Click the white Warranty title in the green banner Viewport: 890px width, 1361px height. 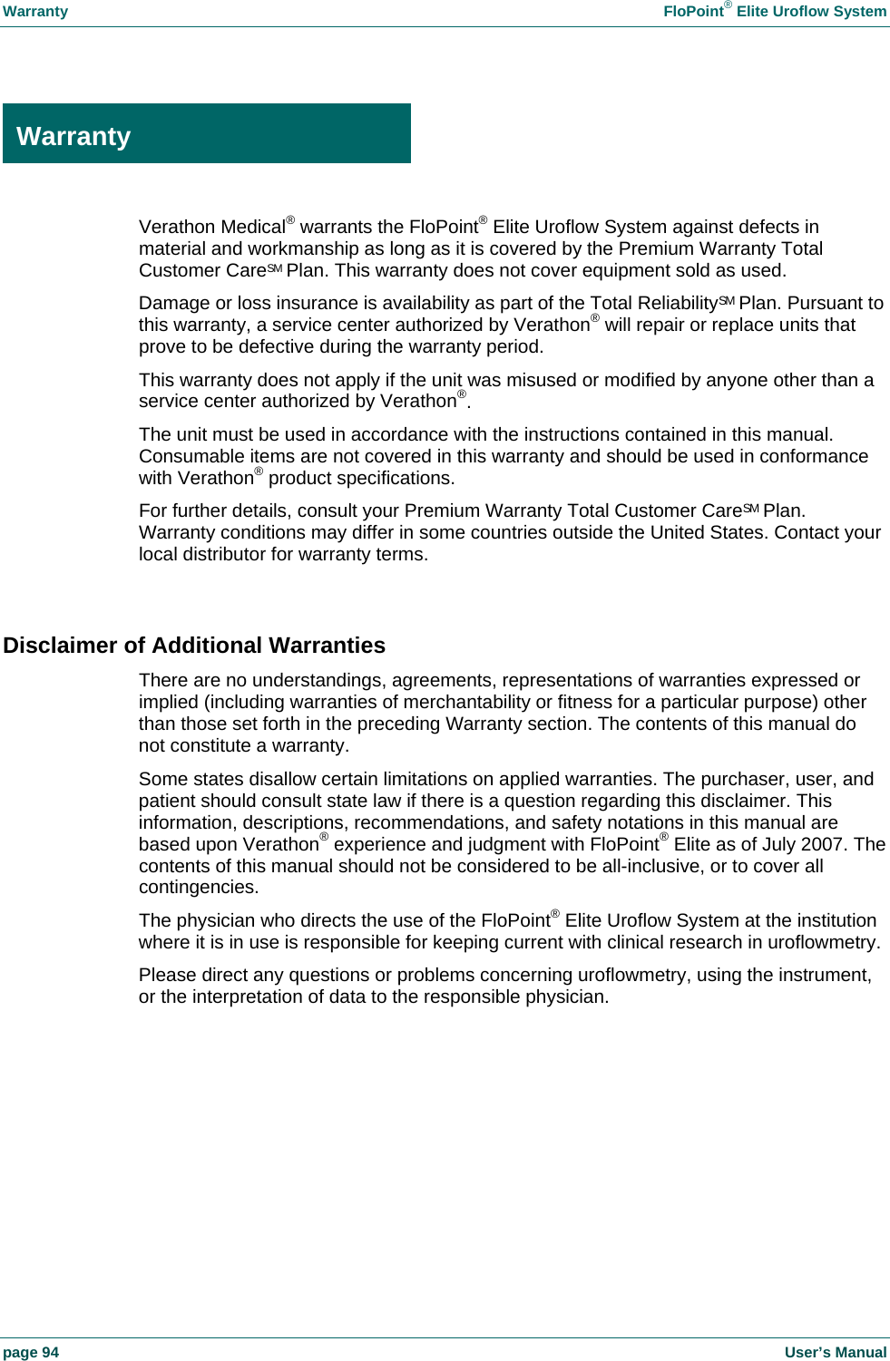[x=73, y=136]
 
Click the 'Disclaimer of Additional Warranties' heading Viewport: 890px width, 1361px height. [x=194, y=646]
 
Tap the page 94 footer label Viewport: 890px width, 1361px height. [x=31, y=1352]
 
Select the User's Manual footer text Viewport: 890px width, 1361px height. [x=835, y=1352]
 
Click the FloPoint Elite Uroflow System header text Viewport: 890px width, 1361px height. [x=774, y=12]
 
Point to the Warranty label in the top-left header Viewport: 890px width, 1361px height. [x=35, y=12]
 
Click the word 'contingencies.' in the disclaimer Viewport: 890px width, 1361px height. [x=199, y=888]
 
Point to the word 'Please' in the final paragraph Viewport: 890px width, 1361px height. [x=166, y=976]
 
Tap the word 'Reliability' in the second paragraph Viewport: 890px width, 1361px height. [x=677, y=304]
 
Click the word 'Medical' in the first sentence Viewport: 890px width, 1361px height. [x=253, y=228]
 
